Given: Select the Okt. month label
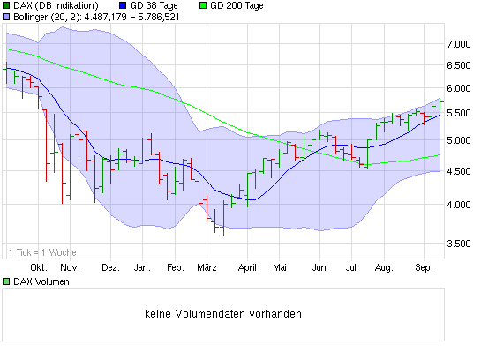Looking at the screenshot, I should [39, 266].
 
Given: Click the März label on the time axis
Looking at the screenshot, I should [207, 266].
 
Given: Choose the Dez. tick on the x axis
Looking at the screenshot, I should [110, 266].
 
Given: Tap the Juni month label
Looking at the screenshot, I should [320, 266].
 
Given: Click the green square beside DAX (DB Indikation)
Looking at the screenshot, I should [5, 5].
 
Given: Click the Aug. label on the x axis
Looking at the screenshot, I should [383, 266].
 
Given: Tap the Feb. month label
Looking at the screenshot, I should [175, 266].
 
